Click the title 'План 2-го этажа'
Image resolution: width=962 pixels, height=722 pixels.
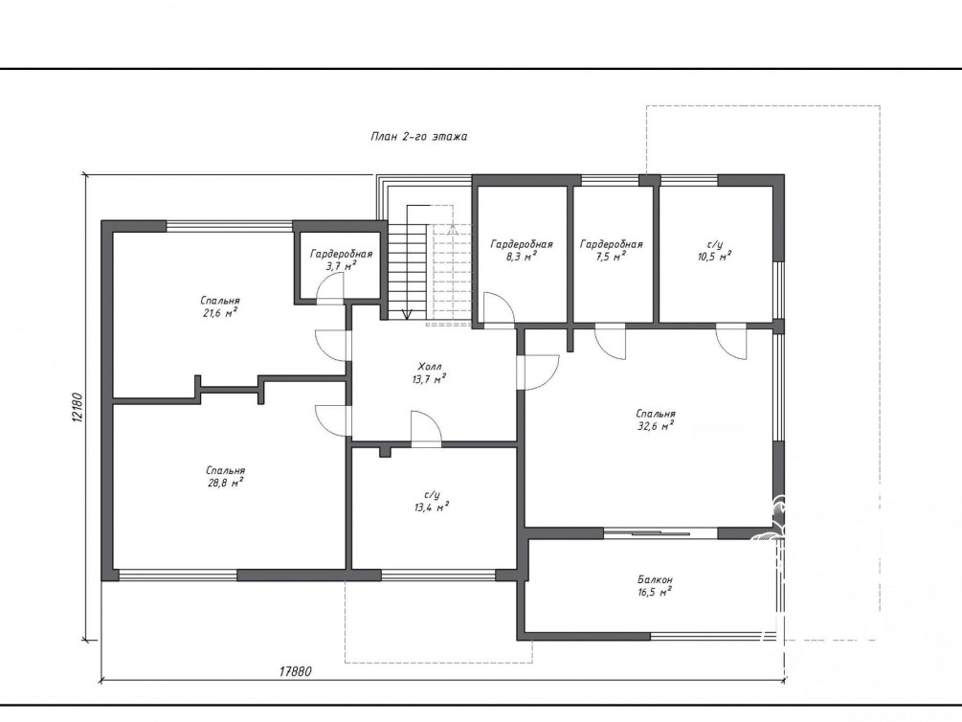click(418, 136)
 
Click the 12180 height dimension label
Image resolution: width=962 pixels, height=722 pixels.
click(77, 407)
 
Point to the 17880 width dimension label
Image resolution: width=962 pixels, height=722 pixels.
click(295, 671)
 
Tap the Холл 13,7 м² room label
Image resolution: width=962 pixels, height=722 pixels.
click(429, 373)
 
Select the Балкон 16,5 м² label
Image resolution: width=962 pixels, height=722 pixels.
click(655, 586)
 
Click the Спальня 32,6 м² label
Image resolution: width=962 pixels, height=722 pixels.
click(656, 420)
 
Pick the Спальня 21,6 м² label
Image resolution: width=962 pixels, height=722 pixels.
click(219, 307)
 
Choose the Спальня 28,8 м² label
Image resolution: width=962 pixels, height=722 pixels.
click(226, 477)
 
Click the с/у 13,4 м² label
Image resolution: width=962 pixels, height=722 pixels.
click(432, 501)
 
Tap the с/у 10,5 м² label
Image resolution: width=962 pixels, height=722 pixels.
click(714, 251)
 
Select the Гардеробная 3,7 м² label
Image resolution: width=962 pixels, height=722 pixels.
click(341, 259)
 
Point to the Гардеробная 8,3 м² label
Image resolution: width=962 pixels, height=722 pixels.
click(522, 250)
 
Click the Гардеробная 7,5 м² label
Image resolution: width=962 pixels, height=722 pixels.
click(611, 250)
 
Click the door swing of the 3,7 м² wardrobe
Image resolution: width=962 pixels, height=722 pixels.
click(330, 287)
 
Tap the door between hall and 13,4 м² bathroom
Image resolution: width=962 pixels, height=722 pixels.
click(426, 427)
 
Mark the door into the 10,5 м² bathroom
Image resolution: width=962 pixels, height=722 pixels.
click(731, 343)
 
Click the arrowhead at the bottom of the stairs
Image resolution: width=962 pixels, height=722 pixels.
click(406, 314)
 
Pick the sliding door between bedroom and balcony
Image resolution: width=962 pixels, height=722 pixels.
click(660, 533)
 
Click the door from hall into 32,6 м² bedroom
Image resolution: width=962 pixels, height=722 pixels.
click(538, 372)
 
